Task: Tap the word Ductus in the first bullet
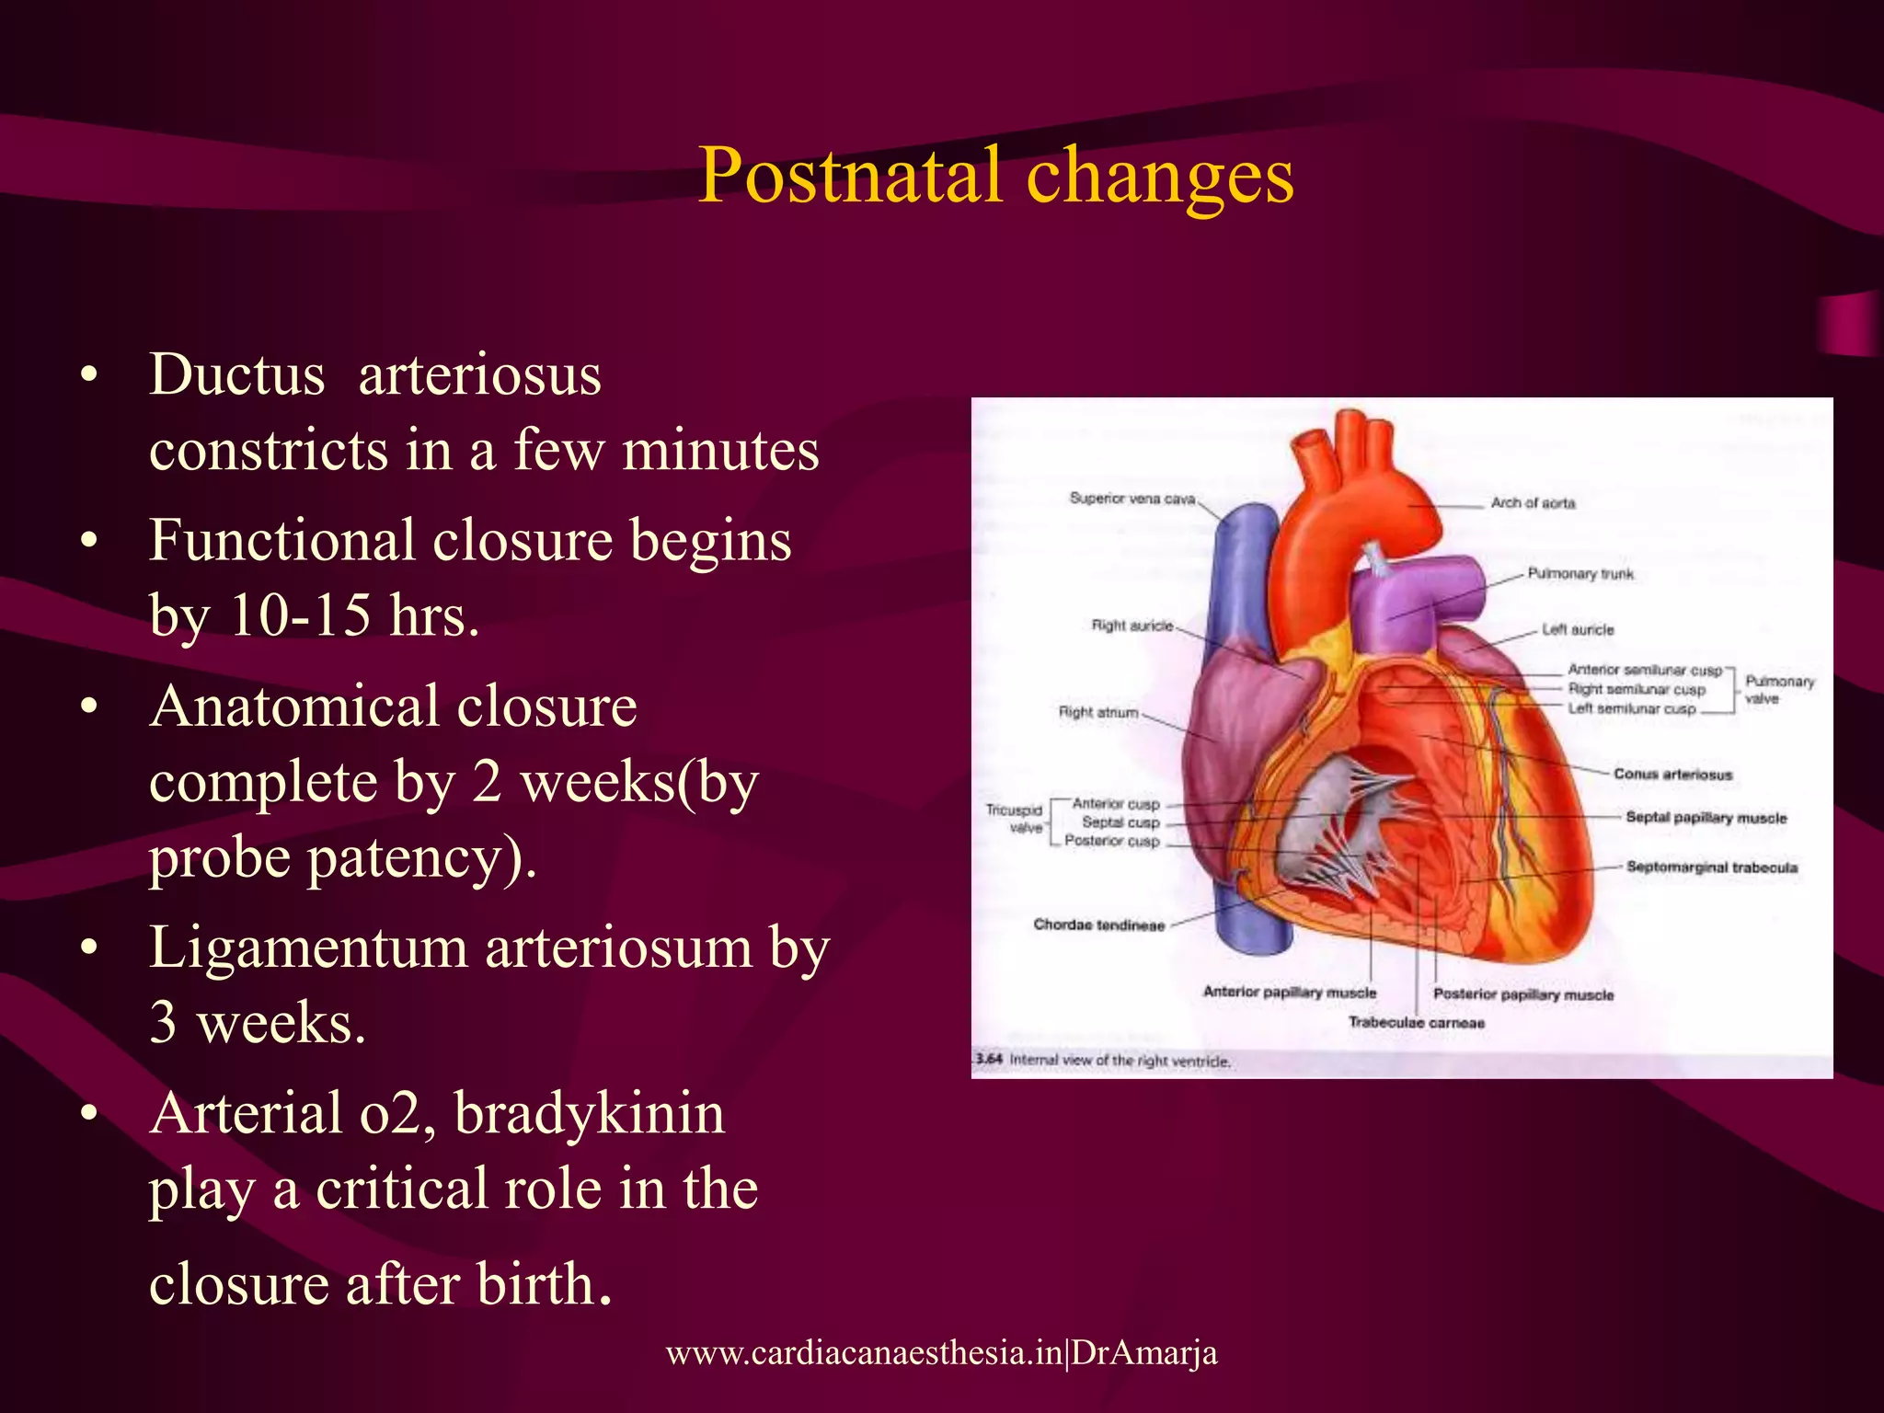coord(237,375)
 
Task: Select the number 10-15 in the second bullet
coord(300,615)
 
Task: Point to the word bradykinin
coord(589,1113)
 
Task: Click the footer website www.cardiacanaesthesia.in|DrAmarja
coord(941,1352)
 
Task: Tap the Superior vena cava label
coord(1132,499)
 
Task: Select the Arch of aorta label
coord(1533,503)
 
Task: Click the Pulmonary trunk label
coord(1580,574)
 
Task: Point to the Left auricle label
coord(1578,630)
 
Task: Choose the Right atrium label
coord(1098,712)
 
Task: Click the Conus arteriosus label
coord(1672,775)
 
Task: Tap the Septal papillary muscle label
coord(1706,818)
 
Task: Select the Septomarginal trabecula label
coord(1711,867)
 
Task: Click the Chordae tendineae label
coord(1098,925)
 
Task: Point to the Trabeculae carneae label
coord(1416,1023)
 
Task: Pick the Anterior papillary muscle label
coord(1289,993)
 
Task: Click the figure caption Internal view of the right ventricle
coord(1119,1061)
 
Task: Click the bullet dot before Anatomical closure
coord(88,707)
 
